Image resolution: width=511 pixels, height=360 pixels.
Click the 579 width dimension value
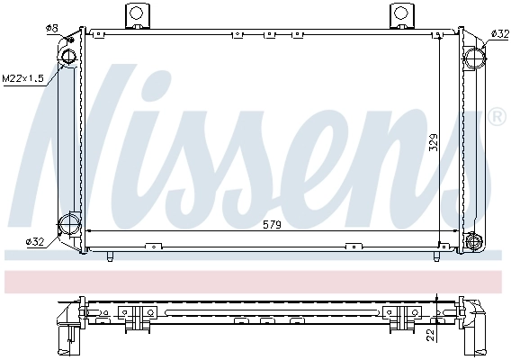270,224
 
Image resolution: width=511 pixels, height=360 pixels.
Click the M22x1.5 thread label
24,77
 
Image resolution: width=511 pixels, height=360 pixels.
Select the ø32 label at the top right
500,33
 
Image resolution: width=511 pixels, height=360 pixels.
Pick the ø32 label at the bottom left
35,241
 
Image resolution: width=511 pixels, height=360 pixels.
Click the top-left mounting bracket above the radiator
136,15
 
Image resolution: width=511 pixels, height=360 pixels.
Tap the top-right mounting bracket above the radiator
401,15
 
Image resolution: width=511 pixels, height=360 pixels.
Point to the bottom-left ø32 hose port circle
68,224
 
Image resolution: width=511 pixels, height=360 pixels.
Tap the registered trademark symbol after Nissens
497,117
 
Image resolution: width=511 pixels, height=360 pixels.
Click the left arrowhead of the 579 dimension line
92,232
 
